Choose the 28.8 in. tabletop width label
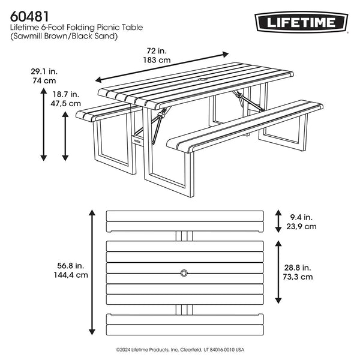(298, 267)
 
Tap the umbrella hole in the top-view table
(184, 274)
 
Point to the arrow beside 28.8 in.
(277, 272)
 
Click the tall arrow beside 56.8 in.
(91, 272)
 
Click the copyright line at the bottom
(180, 349)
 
